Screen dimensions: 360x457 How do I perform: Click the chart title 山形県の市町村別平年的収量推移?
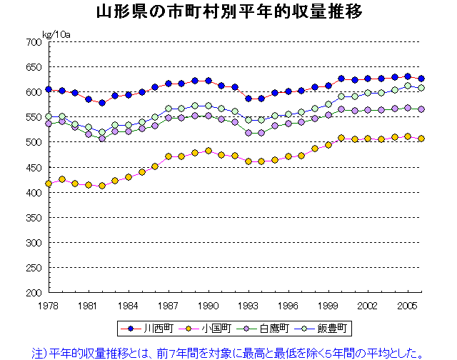(x=228, y=13)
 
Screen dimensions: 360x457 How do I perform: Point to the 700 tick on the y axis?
(x=33, y=42)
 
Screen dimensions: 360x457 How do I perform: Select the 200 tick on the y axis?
(x=33, y=293)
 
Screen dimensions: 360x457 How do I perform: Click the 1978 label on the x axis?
(x=49, y=304)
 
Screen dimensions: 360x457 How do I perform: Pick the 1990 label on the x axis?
(x=208, y=304)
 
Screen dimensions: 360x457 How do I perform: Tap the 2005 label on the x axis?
(x=408, y=304)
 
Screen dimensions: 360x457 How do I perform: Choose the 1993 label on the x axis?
(x=248, y=304)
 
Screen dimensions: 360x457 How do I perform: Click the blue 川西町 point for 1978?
(x=49, y=89)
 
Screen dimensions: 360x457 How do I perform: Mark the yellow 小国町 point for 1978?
(x=49, y=184)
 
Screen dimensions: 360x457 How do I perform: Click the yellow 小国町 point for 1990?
(x=208, y=151)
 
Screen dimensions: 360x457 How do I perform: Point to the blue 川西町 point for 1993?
(x=248, y=99)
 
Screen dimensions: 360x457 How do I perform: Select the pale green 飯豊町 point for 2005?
(x=408, y=86)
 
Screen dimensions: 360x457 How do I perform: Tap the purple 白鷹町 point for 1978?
(x=49, y=124)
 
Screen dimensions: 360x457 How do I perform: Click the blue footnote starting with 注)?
(x=228, y=351)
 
